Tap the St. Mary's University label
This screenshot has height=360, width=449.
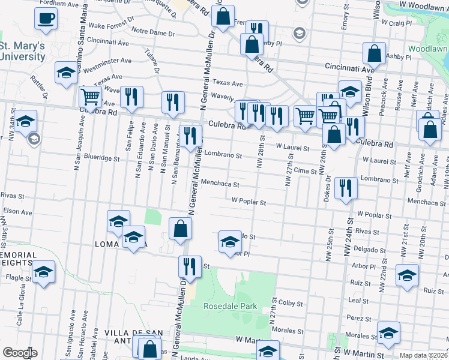[x=22, y=52]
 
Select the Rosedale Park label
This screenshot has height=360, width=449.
[x=230, y=307]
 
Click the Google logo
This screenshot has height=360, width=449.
[x=20, y=353]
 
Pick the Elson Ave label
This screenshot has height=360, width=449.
[x=13, y=211]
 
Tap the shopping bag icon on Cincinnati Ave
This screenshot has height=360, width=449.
[x=374, y=53]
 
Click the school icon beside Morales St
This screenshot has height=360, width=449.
[x=388, y=334]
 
